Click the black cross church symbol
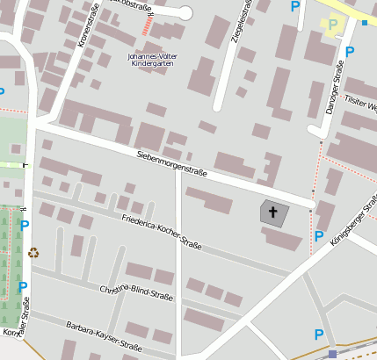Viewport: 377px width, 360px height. click(272, 212)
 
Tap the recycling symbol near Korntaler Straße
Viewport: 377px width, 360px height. click(33, 253)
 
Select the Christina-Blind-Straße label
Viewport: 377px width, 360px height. click(136, 295)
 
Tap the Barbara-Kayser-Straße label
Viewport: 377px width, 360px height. click(104, 337)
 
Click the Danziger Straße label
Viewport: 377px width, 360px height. click(335, 88)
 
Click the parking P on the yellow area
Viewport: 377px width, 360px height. click(332, 25)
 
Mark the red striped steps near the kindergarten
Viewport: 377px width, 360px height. click(146, 27)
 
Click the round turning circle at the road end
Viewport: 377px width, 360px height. click(184, 12)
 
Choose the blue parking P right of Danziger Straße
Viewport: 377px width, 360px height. click(350, 52)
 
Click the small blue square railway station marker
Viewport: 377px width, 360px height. click(332, 354)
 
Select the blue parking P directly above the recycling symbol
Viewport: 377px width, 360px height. click(25, 226)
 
